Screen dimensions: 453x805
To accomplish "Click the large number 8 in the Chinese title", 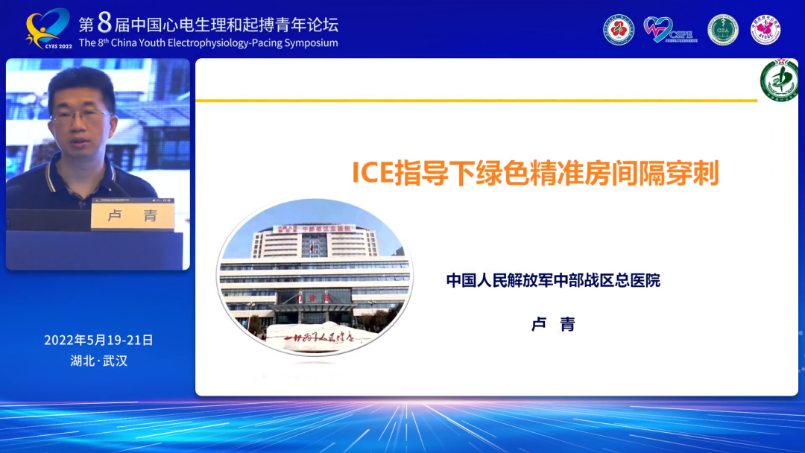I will click(x=104, y=23).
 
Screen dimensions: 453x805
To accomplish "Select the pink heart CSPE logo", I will click(x=658, y=30).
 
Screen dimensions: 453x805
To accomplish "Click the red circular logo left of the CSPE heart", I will click(x=619, y=30).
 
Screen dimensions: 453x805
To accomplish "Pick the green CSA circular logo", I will click(x=722, y=30).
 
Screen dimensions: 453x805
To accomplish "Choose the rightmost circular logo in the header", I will click(x=765, y=30).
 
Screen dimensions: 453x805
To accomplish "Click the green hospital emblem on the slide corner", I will click(x=778, y=80).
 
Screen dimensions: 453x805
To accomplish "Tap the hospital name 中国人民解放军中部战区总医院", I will click(x=553, y=281).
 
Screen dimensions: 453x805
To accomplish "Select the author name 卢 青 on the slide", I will click(x=553, y=324).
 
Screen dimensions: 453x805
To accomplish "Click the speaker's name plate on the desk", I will click(x=132, y=216).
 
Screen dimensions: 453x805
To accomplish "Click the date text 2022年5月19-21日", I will click(x=98, y=340).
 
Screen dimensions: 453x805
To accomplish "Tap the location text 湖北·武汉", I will click(x=98, y=361).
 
